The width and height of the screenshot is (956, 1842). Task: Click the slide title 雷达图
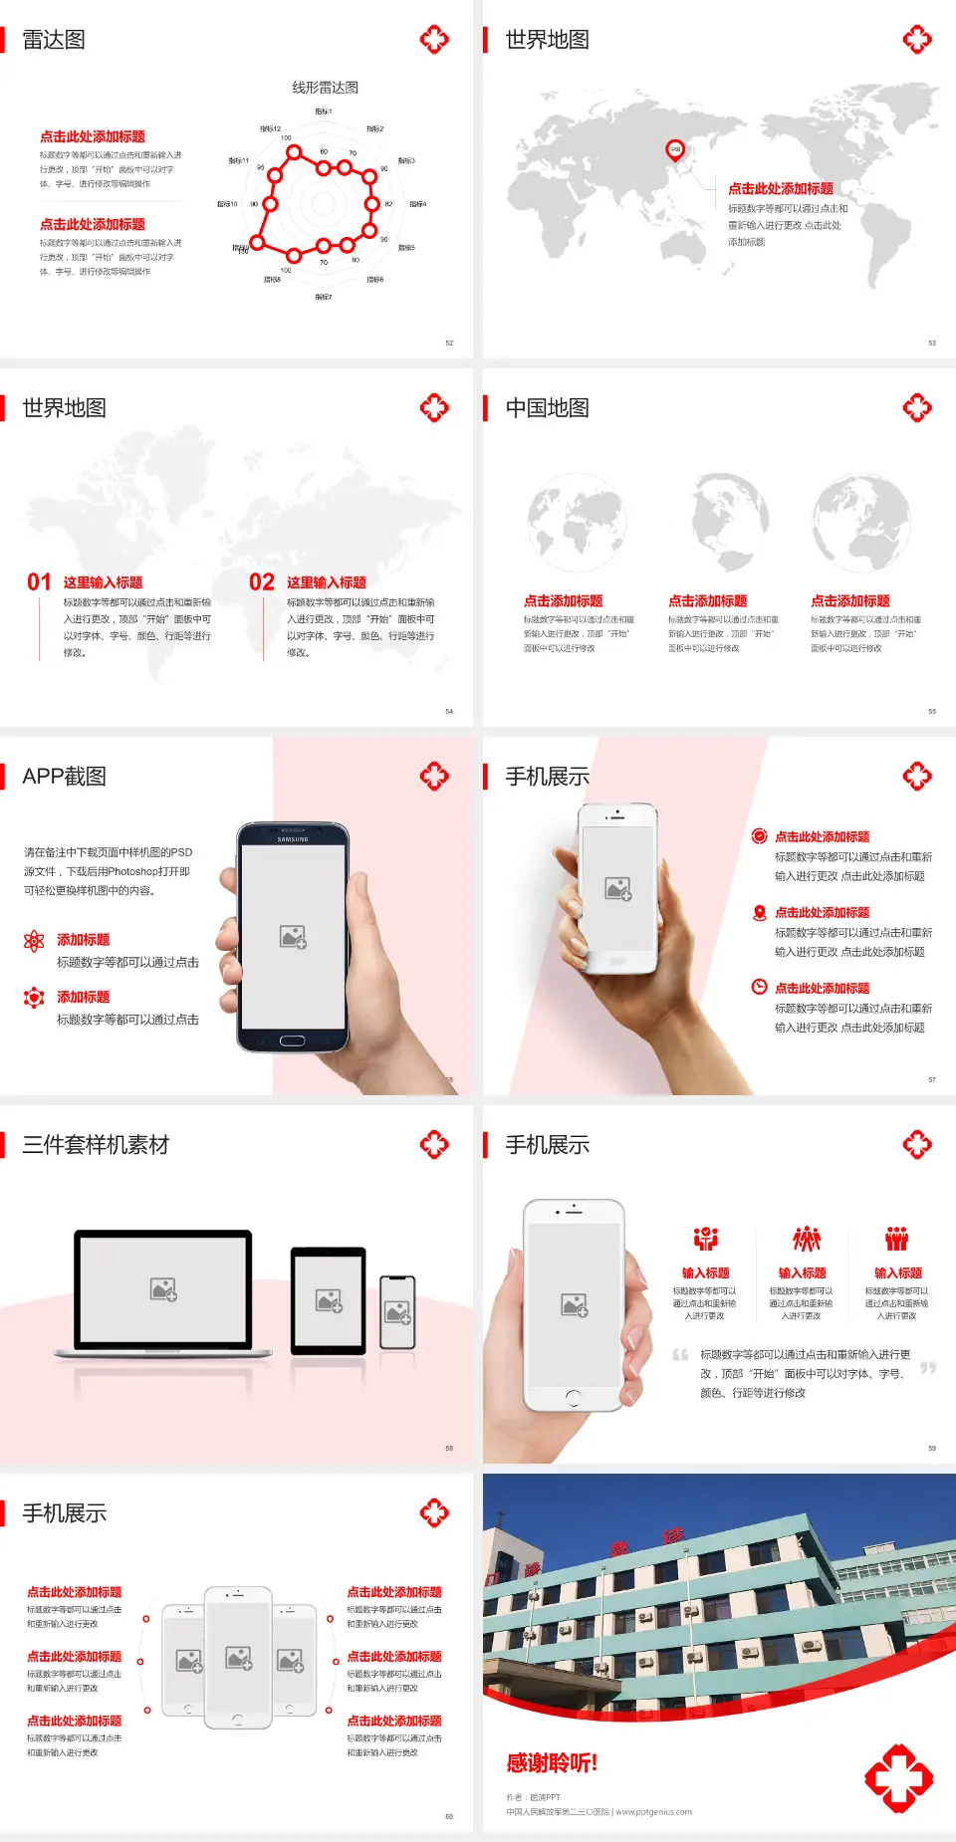[54, 40]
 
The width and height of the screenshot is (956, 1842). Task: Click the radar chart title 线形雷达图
[325, 88]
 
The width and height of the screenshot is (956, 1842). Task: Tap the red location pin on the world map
[675, 150]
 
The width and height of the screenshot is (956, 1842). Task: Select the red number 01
[39, 582]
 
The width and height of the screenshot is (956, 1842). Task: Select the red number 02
[262, 582]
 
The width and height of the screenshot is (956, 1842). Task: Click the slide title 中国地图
[547, 408]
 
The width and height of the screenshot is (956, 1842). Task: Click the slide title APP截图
[64, 777]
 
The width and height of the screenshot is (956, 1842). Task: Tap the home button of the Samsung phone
[292, 1040]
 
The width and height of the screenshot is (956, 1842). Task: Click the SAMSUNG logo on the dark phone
[293, 839]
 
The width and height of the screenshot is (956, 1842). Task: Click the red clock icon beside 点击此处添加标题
[759, 987]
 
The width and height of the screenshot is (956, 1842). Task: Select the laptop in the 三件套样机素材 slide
[163, 1292]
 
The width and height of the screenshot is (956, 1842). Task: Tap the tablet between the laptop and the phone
[329, 1300]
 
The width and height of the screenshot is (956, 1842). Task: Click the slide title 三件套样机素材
[96, 1145]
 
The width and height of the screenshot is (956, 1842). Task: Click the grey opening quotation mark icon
[680, 1354]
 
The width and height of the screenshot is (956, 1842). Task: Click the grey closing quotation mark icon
[928, 1368]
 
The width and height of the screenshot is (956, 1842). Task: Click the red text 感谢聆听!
[552, 1763]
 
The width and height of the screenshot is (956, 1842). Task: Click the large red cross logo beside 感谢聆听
[898, 1778]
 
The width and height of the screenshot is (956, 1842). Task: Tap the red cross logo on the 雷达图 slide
[434, 40]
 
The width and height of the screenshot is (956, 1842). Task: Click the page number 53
[932, 343]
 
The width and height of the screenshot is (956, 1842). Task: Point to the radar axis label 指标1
[324, 112]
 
